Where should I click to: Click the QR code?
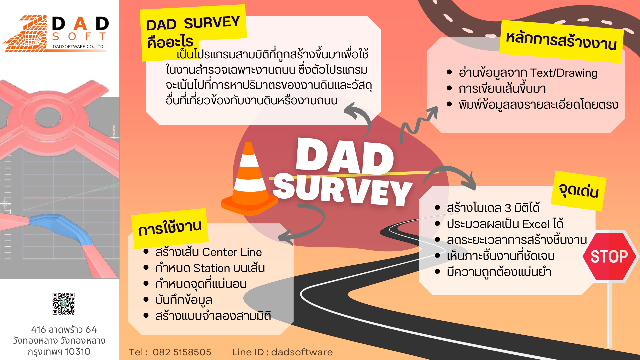[x=63, y=304]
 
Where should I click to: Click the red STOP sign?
[x=609, y=256]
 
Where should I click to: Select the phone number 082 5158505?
[x=182, y=352]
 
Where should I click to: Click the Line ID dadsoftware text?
[x=282, y=352]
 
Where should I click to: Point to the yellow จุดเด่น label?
[x=578, y=191]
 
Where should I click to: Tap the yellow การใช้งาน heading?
[x=170, y=228]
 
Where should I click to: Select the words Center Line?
[x=232, y=252]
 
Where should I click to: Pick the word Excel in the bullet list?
[x=536, y=224]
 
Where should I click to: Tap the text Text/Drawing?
[x=564, y=73]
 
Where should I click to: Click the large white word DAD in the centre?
[x=345, y=156]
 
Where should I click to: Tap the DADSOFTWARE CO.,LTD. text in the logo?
[x=79, y=47]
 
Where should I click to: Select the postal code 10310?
[x=78, y=352]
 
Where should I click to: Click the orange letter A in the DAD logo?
[x=80, y=24]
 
